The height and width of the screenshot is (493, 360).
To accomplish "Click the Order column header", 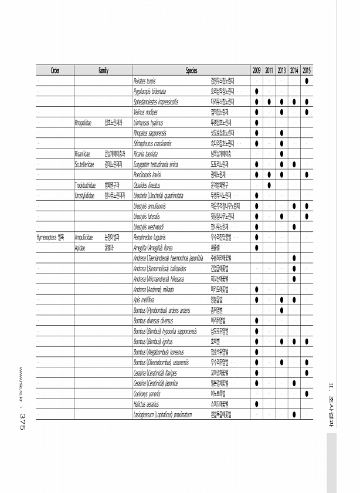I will [x=55, y=70].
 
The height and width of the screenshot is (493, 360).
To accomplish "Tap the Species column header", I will [x=191, y=70].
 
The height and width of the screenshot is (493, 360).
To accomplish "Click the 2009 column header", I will [x=257, y=70].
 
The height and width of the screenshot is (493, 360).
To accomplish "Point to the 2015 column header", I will [x=307, y=70].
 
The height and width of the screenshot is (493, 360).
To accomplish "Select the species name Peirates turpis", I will [x=147, y=81].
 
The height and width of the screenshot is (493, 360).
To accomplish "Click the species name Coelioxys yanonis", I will [x=147, y=393].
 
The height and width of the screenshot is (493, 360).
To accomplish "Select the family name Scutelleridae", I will [x=86, y=164].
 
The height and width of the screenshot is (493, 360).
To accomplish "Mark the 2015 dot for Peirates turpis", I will [x=307, y=81].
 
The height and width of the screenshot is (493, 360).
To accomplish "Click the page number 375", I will [x=22, y=421].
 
